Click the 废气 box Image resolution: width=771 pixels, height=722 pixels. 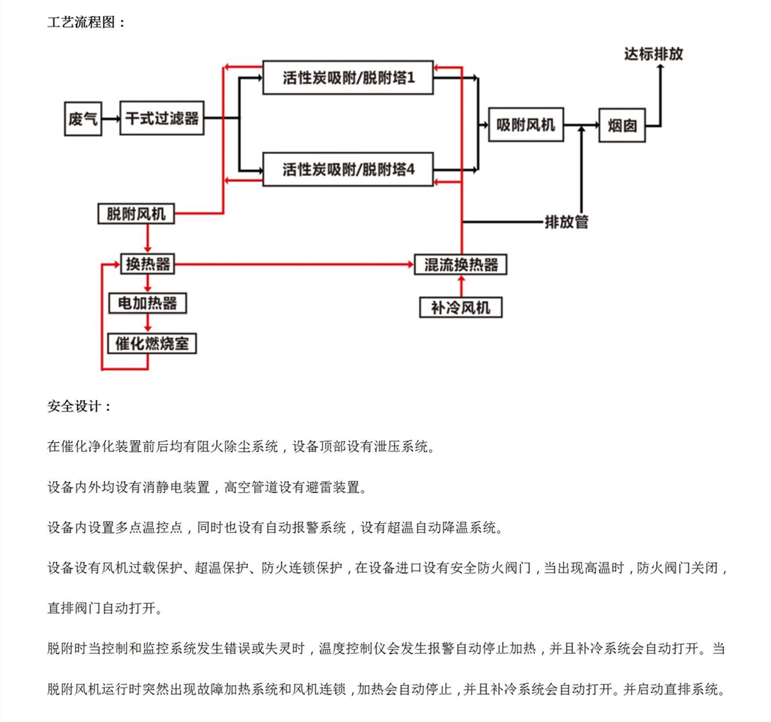point(83,118)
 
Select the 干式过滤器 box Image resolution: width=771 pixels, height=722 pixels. point(162,118)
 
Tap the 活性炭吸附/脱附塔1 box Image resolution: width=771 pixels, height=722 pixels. point(348,78)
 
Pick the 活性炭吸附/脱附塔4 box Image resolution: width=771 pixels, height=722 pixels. point(348,170)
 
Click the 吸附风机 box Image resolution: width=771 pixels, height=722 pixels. point(526,125)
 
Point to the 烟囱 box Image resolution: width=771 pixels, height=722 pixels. point(621,125)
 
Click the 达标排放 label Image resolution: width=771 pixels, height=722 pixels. point(653,54)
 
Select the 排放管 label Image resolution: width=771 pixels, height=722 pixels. point(566,222)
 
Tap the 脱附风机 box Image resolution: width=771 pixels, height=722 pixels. point(136,214)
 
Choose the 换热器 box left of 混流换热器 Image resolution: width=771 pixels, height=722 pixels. point(148,264)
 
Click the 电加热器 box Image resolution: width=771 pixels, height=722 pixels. point(148,303)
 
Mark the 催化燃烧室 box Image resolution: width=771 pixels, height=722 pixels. point(152,344)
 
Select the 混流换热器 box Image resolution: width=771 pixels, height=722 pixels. point(461,265)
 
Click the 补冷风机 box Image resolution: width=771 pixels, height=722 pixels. point(461,308)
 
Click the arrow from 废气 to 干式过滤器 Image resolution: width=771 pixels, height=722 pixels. point(111,118)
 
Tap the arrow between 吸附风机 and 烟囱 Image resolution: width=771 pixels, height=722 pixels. point(581,125)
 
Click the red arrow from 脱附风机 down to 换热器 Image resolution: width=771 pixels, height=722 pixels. point(148,239)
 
